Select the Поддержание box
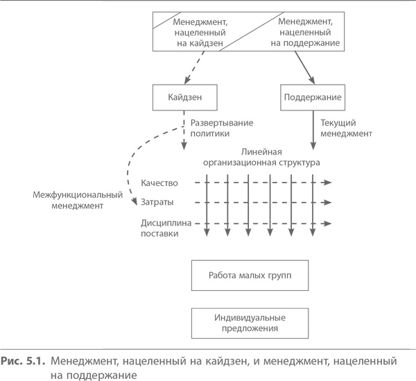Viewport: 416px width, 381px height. coord(312,96)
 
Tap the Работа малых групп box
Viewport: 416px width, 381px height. coord(250,275)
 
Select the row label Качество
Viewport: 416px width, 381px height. coord(159,183)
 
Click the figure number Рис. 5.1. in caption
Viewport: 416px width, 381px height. coord(22,361)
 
